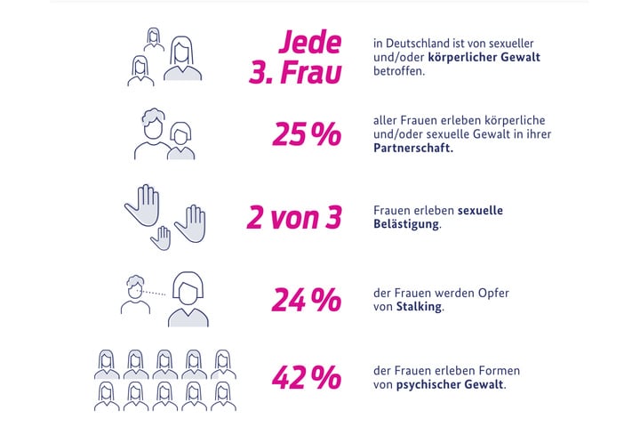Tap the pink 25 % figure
[x=307, y=134]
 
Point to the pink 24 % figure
[x=307, y=300]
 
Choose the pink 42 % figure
[x=307, y=378]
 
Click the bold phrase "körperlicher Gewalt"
[x=486, y=57]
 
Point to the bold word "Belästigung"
[x=407, y=226]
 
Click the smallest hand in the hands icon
[x=162, y=238]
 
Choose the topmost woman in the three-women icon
[x=154, y=43]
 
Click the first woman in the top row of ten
[x=107, y=364]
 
